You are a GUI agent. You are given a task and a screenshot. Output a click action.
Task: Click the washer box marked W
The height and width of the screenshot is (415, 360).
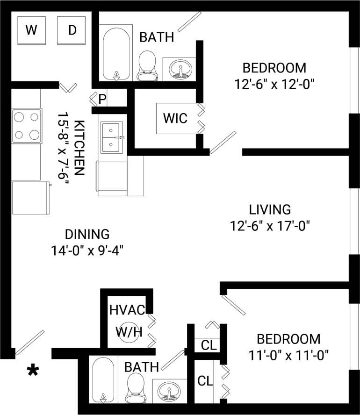[31, 30]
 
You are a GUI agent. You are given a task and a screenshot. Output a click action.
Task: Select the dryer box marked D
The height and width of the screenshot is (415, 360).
[72, 30]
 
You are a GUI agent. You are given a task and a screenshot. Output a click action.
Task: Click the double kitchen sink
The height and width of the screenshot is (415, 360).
[111, 137]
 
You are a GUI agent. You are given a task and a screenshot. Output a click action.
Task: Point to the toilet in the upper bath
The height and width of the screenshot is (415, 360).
[148, 66]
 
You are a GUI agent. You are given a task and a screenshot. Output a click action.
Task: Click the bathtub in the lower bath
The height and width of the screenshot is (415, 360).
[103, 379]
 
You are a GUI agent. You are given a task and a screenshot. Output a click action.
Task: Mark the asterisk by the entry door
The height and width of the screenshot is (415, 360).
[33, 371]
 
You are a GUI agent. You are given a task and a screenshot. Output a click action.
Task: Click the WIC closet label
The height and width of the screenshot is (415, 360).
[175, 118]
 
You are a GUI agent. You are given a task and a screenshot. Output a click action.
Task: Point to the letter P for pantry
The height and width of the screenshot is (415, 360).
[102, 100]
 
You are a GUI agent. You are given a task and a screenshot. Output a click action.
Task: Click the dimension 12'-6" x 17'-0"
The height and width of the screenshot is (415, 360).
[270, 226]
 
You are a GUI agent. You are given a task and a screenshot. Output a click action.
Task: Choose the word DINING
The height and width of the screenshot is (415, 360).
[87, 234]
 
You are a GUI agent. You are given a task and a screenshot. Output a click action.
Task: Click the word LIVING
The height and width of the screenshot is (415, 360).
[270, 209]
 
